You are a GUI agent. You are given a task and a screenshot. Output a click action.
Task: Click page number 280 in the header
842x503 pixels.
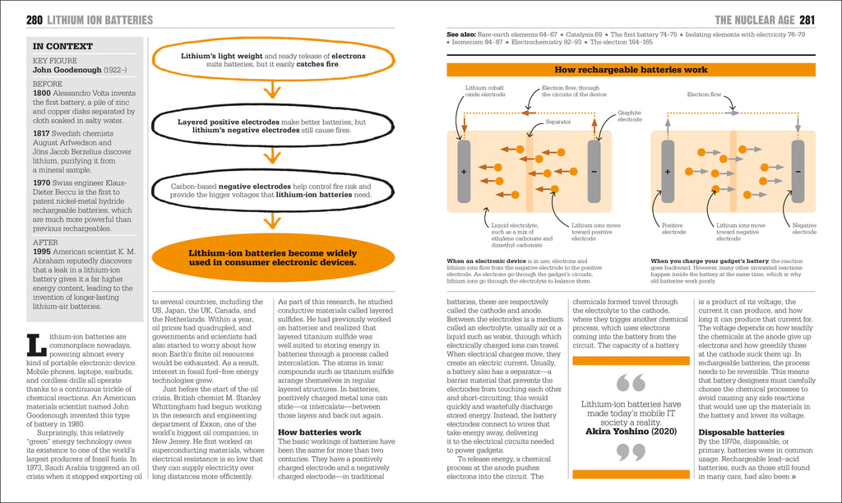coord(35,19)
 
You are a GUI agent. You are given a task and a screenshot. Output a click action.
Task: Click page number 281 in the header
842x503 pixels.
coord(807,19)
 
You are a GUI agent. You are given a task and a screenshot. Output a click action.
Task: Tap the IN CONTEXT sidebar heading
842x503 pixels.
coord(62,46)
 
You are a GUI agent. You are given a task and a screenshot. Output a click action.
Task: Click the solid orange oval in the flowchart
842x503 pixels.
coord(271,258)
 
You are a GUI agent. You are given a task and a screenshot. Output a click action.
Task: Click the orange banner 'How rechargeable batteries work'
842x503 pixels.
coord(630,71)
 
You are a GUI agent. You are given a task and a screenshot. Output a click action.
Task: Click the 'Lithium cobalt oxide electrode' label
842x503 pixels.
coord(485,91)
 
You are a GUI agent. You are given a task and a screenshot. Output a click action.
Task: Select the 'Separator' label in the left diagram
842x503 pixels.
coord(557,122)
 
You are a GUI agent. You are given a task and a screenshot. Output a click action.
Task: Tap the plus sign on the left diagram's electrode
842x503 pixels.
coord(464,173)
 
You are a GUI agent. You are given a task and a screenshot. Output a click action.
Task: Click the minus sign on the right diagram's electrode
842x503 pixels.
coord(798,173)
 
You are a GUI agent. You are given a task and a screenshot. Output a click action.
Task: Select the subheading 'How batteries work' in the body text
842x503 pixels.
coord(319,431)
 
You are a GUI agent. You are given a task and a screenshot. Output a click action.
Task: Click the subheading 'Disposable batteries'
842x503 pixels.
coord(741,432)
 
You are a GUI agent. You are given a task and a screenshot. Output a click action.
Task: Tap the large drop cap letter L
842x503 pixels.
coord(36,345)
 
